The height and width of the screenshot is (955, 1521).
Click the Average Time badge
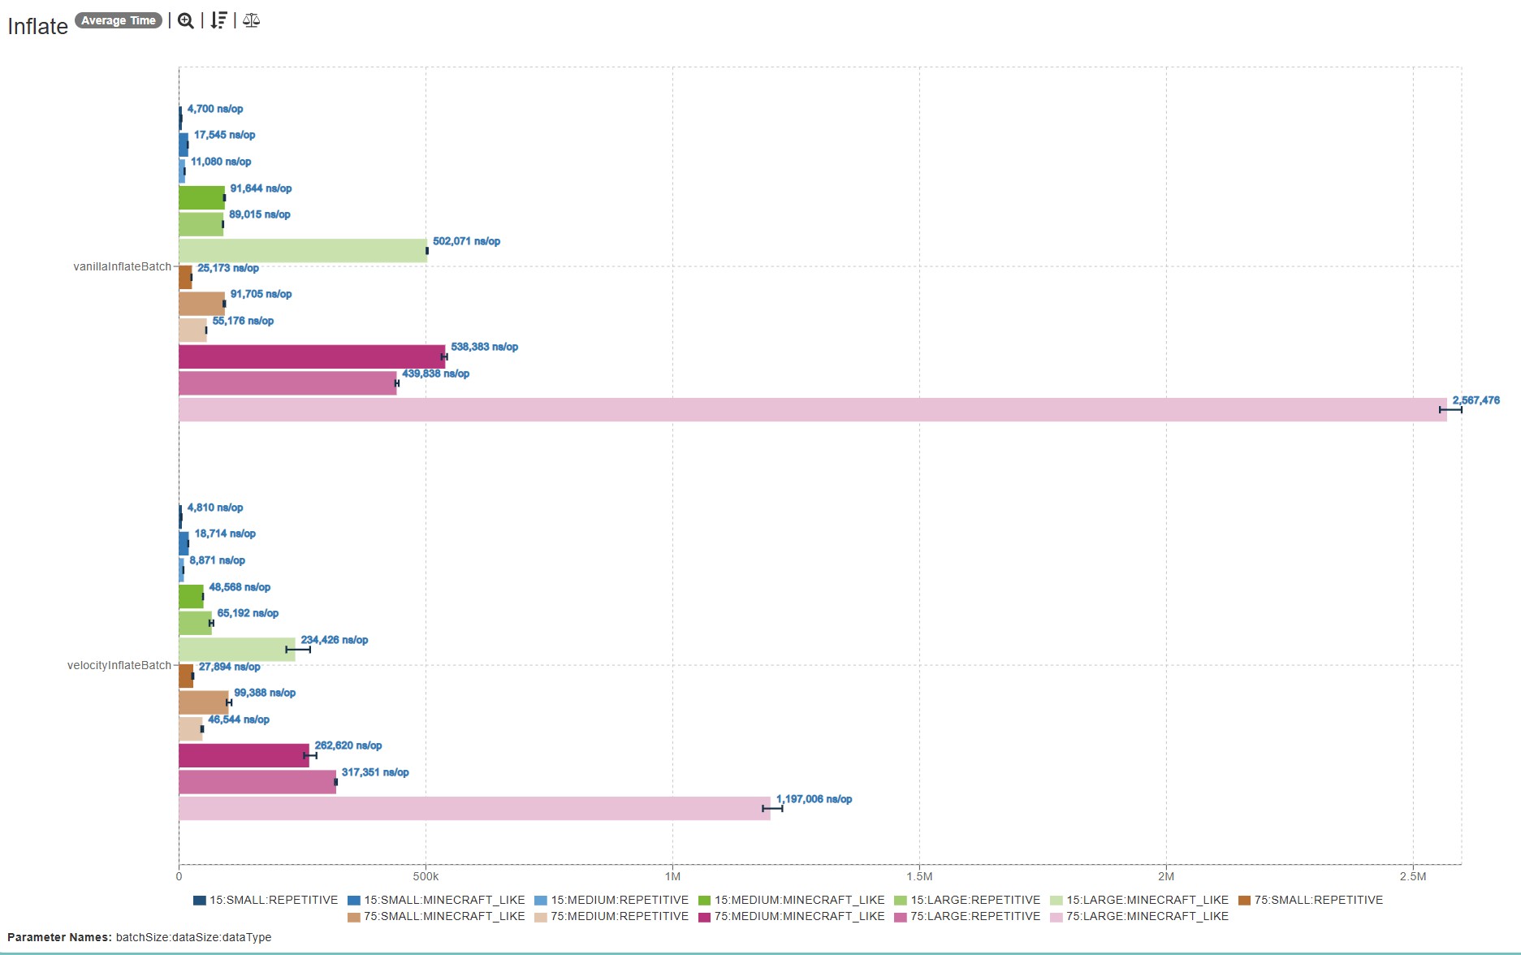click(119, 20)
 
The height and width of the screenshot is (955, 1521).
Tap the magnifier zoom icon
click(186, 21)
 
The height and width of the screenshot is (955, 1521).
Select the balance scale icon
click(251, 21)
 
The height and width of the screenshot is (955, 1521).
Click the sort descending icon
click(218, 21)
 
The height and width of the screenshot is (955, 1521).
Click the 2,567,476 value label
click(1476, 400)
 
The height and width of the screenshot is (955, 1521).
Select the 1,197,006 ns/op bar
click(474, 809)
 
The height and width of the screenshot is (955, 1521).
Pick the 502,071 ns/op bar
click(302, 251)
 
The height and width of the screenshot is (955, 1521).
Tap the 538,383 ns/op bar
click(312, 357)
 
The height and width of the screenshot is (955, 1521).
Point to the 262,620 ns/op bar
click(244, 755)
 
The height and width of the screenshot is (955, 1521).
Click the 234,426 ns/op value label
click(334, 640)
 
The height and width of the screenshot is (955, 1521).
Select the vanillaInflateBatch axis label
click(122, 266)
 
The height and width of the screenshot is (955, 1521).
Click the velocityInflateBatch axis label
click(119, 665)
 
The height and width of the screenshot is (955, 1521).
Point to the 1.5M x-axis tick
click(919, 876)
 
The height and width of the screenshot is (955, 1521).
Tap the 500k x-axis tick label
click(426, 876)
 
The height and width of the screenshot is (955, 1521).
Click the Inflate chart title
click(38, 27)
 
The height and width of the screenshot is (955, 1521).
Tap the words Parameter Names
click(59, 937)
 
